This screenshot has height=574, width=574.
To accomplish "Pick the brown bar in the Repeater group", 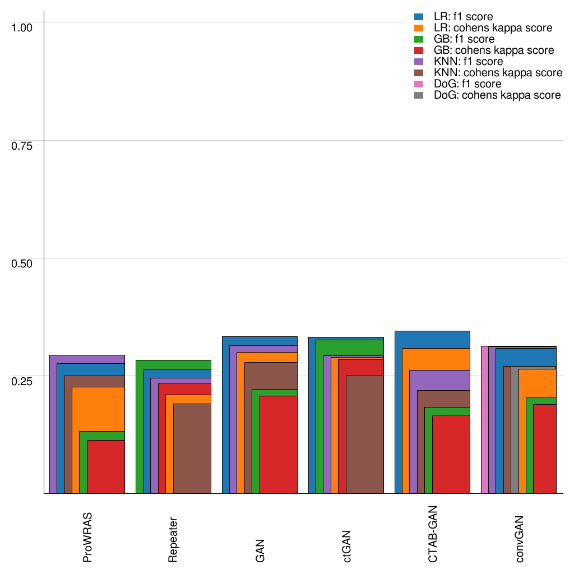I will tap(192, 448).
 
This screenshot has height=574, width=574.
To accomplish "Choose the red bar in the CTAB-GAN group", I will tap(451, 454).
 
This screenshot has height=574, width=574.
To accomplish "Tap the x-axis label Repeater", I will tap(174, 538).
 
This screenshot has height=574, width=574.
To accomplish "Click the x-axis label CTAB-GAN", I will tap(433, 533).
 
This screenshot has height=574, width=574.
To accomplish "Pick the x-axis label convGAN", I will tap(520, 538).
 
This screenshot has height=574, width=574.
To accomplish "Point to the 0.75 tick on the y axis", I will tap(22, 146).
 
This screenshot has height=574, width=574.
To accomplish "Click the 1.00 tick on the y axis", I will tap(22, 27).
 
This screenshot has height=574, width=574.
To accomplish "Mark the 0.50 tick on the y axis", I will tap(22, 263).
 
